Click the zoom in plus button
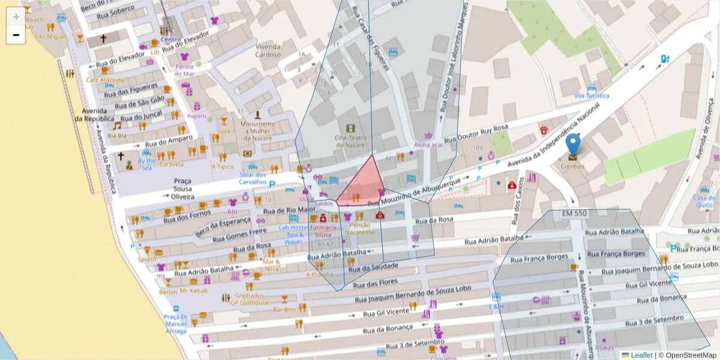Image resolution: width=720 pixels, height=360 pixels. [16, 16]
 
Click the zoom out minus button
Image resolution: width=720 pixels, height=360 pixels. [16, 35]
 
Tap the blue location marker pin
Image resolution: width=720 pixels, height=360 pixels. [573, 146]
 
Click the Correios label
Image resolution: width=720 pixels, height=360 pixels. [572, 166]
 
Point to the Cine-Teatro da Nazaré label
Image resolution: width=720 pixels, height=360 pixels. [350, 141]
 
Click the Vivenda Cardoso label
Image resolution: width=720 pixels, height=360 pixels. [268, 50]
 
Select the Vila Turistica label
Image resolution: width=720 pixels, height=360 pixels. [591, 96]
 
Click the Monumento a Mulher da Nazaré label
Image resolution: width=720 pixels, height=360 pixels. [257, 131]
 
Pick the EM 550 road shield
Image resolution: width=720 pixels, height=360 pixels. [574, 214]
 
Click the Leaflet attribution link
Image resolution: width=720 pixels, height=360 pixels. [641, 355]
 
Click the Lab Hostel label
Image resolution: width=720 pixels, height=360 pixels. [293, 227]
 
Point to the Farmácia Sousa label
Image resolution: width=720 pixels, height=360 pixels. [323, 231]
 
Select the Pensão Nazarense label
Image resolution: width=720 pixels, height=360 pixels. [359, 228]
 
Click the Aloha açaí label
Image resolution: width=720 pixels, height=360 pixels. [428, 145]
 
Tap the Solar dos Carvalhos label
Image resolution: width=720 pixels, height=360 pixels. [252, 178]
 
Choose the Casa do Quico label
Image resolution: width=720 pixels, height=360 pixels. [704, 202]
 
